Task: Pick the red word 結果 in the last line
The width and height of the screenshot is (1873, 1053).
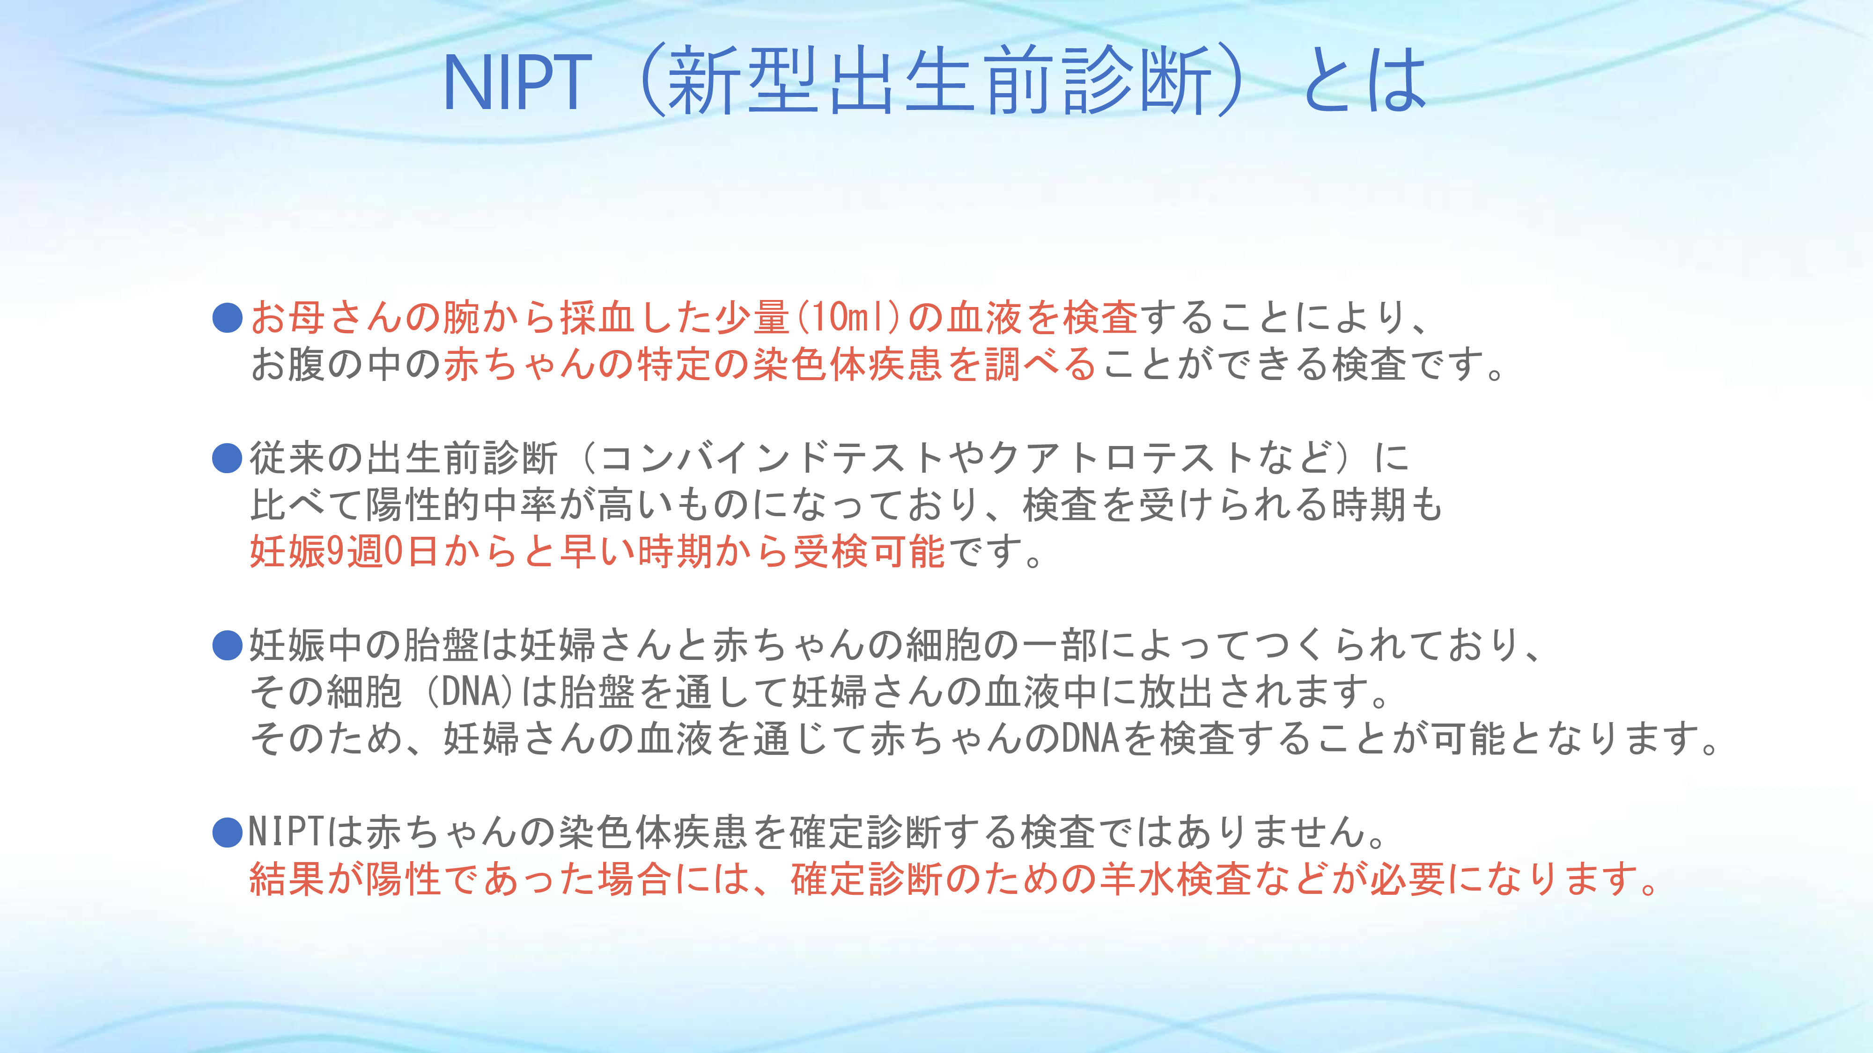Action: (x=288, y=879)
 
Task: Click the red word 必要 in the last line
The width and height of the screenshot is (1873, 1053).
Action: (x=1408, y=879)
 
